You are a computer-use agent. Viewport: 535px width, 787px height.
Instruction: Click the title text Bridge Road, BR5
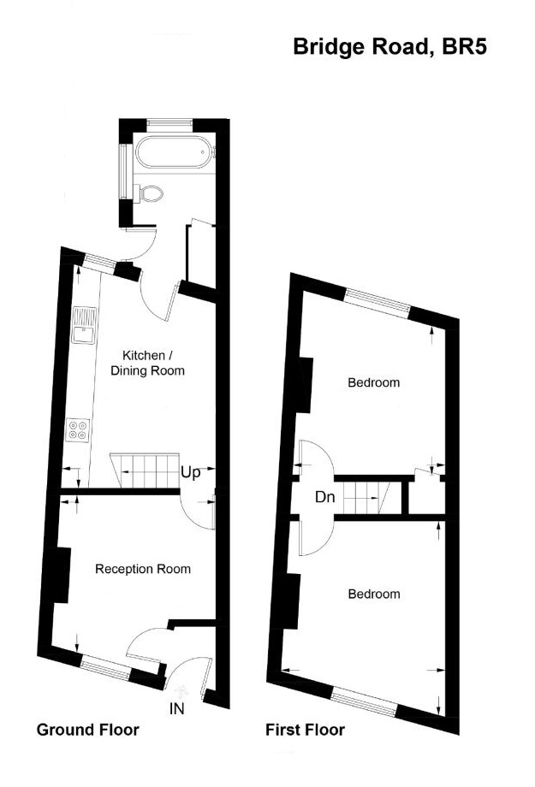[389, 46]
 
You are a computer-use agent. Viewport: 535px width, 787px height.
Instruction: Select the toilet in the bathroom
[151, 194]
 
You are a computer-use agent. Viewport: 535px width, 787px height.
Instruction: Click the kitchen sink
[85, 326]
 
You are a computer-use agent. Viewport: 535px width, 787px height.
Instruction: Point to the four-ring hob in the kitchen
[79, 428]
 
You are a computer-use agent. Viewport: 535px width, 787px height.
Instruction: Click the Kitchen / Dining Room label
[148, 363]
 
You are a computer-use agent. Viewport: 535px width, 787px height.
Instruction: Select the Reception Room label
[143, 569]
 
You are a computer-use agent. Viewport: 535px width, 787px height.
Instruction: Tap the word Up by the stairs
[191, 471]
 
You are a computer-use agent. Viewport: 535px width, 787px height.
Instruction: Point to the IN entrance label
[177, 708]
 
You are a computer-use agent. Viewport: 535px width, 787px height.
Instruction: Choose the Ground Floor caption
[87, 730]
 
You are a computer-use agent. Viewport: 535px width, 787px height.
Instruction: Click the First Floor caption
[305, 730]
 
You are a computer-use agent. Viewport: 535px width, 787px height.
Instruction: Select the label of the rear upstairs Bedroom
[373, 382]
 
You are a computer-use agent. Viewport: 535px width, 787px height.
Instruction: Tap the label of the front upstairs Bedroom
[373, 594]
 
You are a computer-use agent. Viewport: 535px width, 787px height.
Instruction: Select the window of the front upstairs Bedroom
[364, 698]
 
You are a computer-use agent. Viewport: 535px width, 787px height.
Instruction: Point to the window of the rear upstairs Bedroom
[377, 301]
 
